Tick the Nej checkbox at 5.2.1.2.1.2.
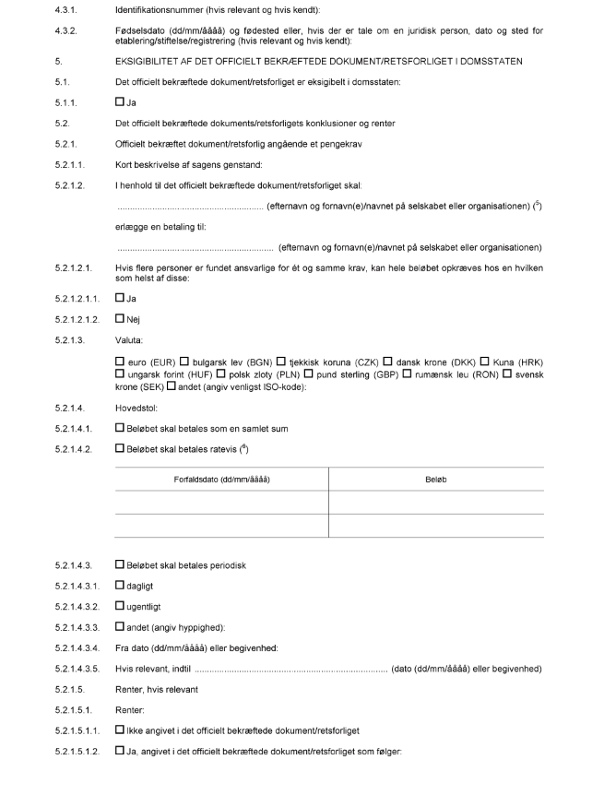pos(120,318)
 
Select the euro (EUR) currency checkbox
pos(120,360)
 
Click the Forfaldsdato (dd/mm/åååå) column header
pos(221,480)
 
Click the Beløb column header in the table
pos(435,480)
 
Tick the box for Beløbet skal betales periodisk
pos(120,564)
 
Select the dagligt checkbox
pos(120,584)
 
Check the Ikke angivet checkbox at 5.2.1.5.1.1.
pos(120,729)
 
